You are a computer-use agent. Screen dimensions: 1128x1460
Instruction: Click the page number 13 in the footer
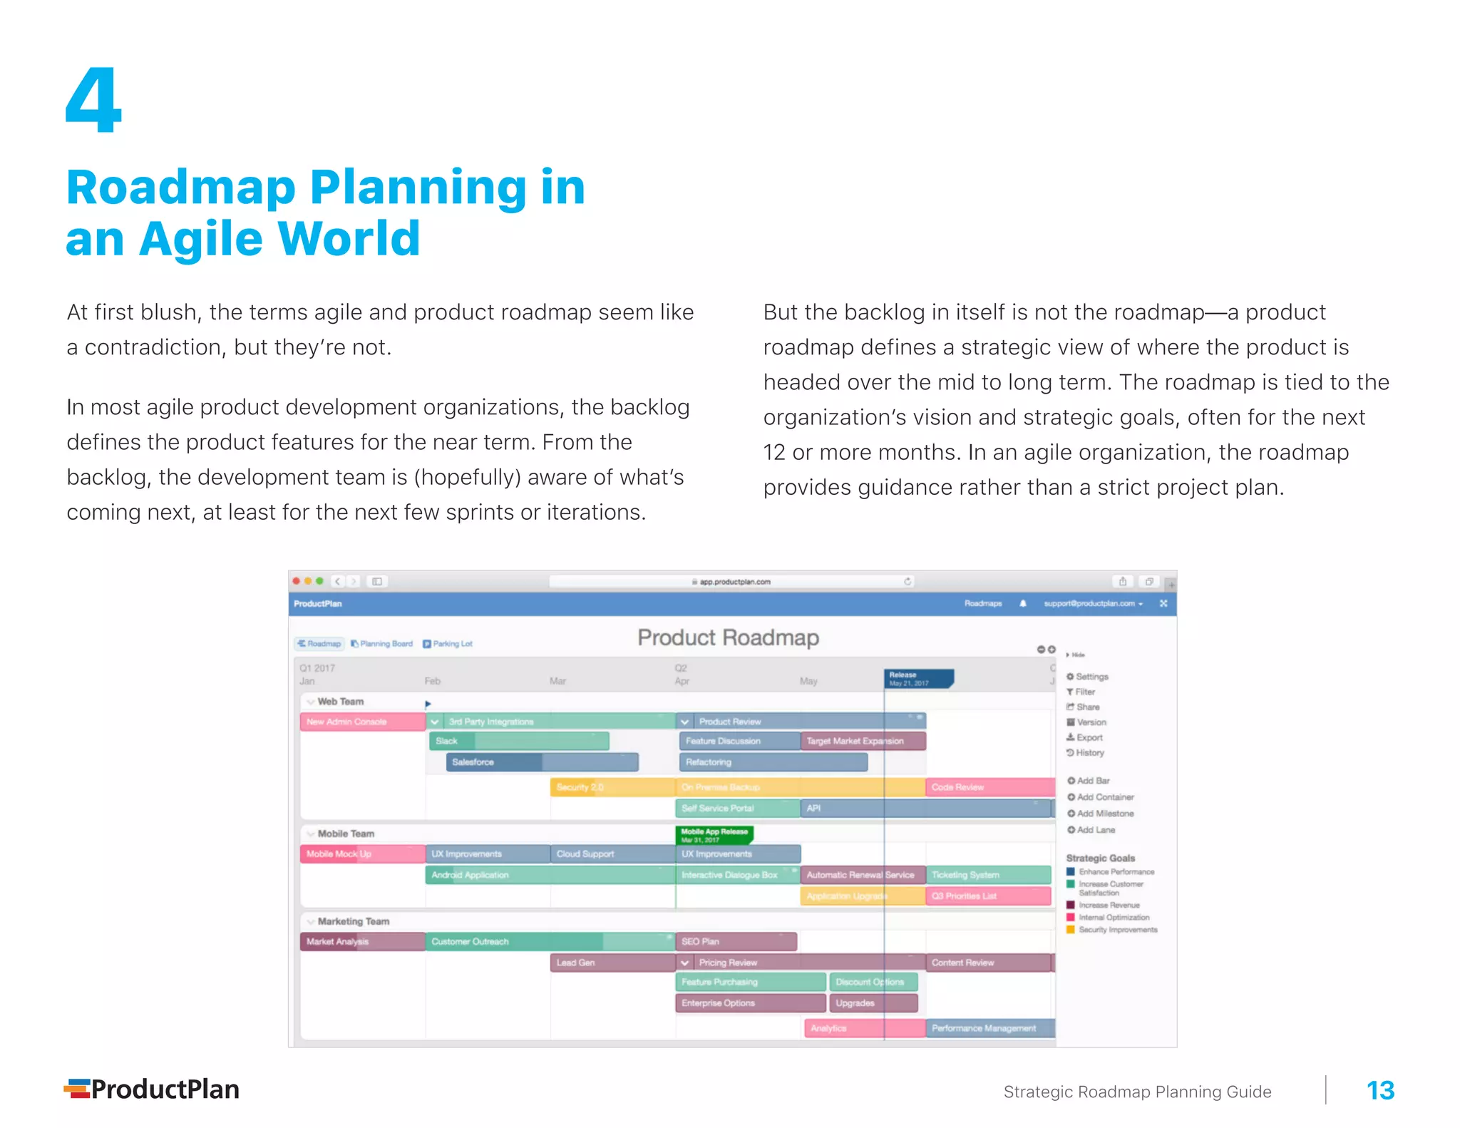click(x=1379, y=1090)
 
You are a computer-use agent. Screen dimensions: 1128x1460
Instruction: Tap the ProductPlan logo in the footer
click(x=152, y=1089)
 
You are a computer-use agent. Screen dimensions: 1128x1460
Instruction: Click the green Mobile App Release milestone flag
click(x=714, y=835)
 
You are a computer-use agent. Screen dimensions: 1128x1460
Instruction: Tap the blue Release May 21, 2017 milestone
click(x=917, y=679)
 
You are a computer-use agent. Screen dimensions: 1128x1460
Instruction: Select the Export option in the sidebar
click(x=1089, y=737)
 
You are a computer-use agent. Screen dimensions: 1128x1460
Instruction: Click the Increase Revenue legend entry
click(x=1109, y=905)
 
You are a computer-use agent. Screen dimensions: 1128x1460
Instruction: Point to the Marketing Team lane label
click(x=353, y=921)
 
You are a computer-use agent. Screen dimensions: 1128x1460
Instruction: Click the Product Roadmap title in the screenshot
click(x=728, y=637)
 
